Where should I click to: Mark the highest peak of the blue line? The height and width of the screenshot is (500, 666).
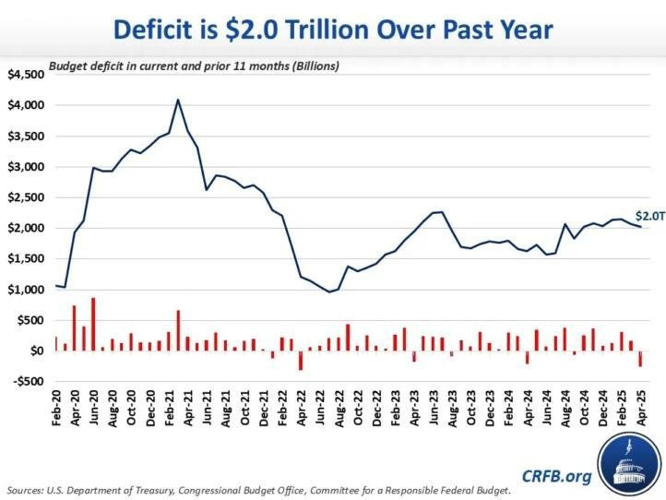point(177,100)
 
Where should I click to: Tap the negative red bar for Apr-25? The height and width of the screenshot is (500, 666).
point(639,359)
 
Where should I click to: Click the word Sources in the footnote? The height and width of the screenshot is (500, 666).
point(30,489)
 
